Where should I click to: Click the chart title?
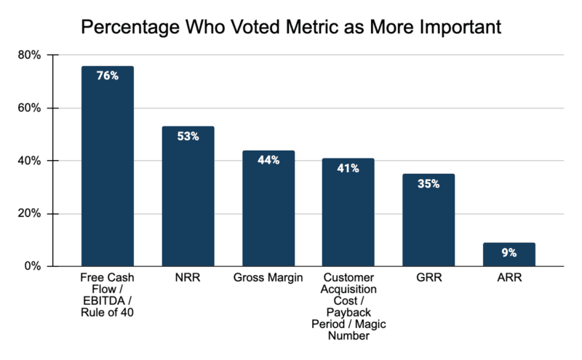click(x=291, y=28)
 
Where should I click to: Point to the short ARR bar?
click(x=509, y=255)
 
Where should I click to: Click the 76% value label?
click(x=107, y=74)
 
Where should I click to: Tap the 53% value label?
click(x=188, y=135)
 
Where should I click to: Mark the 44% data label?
click(x=268, y=159)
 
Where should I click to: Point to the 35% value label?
click(x=428, y=183)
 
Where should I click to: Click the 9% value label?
click(x=509, y=252)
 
